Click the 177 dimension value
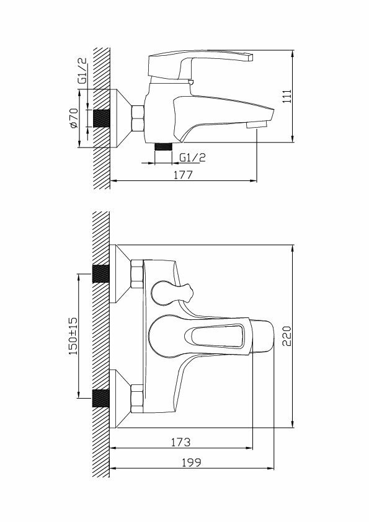(183, 174)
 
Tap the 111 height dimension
(287, 96)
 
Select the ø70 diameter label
(73, 118)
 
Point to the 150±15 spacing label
(73, 335)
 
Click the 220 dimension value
(287, 336)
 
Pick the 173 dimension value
(181, 442)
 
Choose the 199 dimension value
(192, 462)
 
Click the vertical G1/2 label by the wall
(82, 71)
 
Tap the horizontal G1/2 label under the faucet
(192, 157)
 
